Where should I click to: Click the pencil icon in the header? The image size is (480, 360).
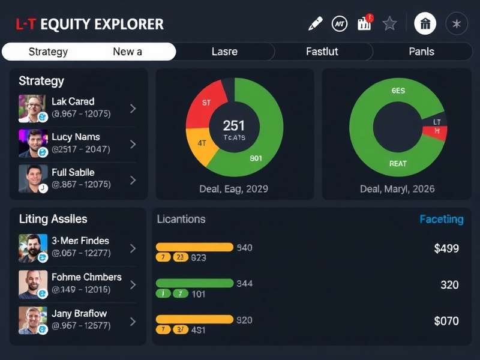coord(315,23)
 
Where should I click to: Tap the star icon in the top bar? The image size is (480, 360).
coord(390,23)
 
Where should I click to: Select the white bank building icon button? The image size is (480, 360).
coord(425,24)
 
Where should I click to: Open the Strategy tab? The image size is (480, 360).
coord(48,52)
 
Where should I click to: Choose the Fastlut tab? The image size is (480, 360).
coord(322,52)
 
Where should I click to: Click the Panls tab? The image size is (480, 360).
coord(421,52)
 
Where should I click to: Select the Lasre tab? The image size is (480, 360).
coord(225,52)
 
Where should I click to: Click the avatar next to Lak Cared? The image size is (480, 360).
coord(32,109)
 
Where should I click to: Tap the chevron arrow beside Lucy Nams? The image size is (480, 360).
coord(133,144)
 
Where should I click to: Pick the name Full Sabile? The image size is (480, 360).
coord(73,172)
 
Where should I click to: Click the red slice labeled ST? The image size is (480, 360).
coord(205,105)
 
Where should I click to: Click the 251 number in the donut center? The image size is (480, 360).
coord(233,125)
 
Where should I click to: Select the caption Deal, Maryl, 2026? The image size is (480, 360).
coord(397,189)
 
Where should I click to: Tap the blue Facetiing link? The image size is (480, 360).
coord(441,220)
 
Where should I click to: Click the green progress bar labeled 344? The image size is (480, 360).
coord(194,283)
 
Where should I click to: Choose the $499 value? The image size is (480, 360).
coord(446,248)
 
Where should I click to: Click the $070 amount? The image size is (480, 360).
coord(446,321)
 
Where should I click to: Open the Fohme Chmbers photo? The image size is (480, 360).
coord(32,284)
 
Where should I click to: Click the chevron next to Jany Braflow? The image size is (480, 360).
coord(133,321)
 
